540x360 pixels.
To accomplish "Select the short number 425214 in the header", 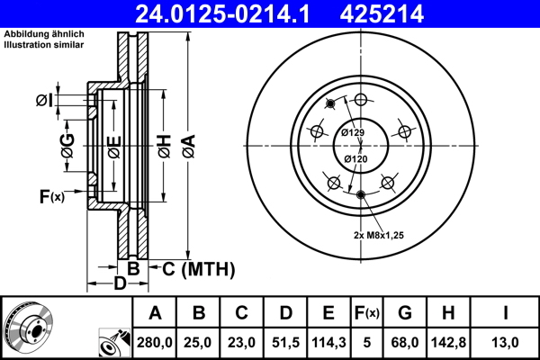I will tap(392, 13).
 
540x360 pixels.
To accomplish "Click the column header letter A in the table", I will tap(155, 313).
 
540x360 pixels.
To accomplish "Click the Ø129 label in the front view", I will tap(353, 133).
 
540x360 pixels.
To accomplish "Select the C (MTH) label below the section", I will tap(197, 268).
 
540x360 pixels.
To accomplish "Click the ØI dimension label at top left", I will tap(45, 100).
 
